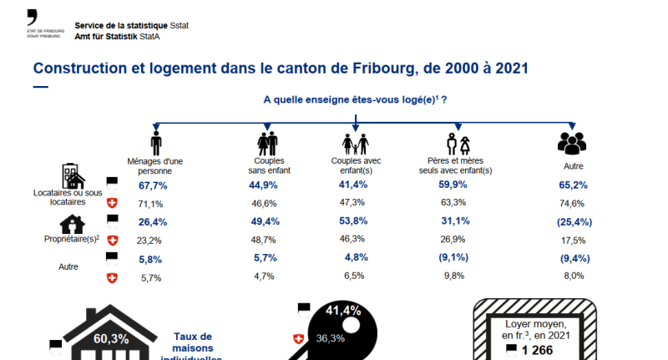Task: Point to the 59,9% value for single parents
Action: [x=453, y=185]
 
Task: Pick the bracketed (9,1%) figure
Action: [x=453, y=258]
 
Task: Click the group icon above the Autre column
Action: [x=571, y=143]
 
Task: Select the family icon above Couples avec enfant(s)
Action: [x=356, y=143]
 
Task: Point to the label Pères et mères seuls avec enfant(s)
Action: [x=455, y=165]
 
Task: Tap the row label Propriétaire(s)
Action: [x=72, y=239]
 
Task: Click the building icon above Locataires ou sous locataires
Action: [x=73, y=176]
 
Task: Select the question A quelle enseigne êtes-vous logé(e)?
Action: [x=355, y=99]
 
